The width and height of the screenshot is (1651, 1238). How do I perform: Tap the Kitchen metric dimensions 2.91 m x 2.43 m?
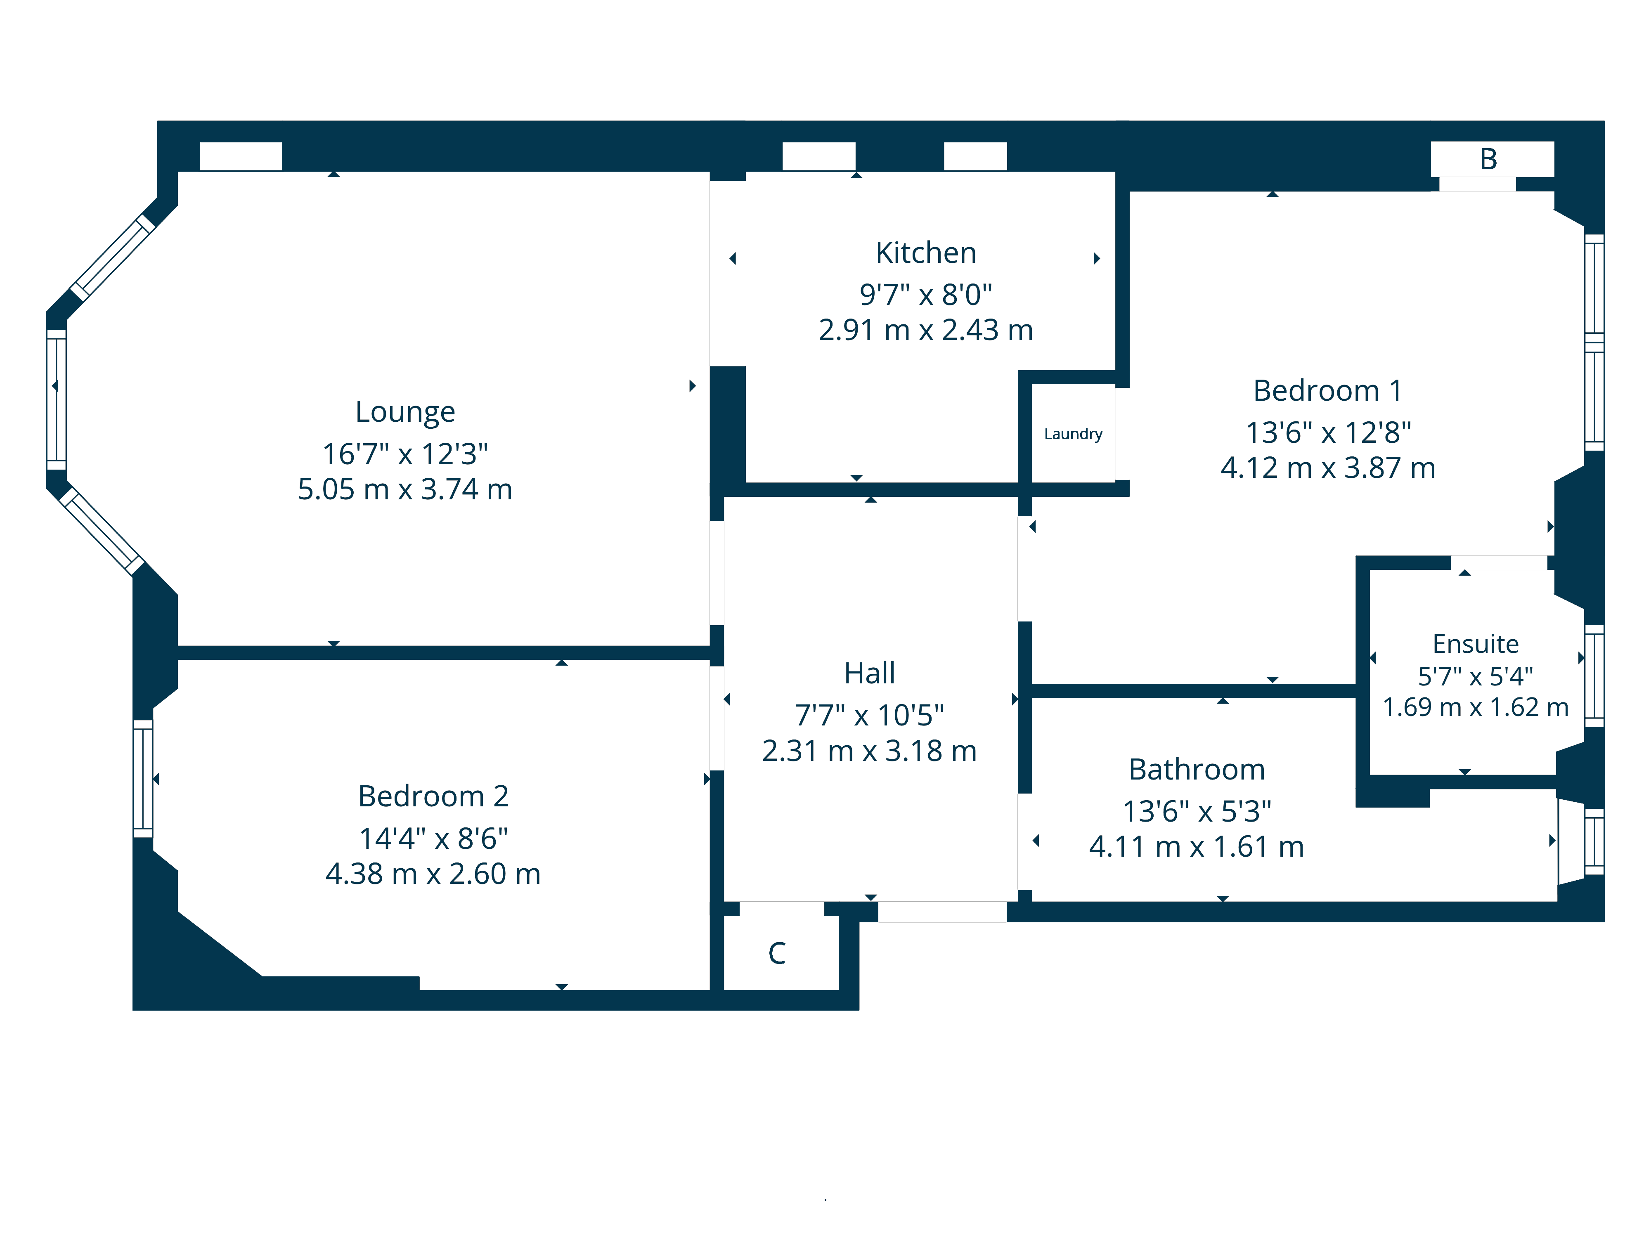[x=925, y=330]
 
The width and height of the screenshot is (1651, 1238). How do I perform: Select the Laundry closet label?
[x=1073, y=434]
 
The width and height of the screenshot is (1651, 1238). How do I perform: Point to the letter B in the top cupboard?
[x=1488, y=159]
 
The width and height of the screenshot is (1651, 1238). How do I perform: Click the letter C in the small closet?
[x=776, y=953]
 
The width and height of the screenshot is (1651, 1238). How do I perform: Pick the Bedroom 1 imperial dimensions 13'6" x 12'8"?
[x=1328, y=432]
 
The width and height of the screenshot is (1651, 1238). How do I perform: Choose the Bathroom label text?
[x=1197, y=769]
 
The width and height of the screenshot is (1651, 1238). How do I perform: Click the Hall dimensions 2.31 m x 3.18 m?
[x=869, y=751]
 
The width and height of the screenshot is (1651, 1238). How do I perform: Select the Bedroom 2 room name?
[x=433, y=796]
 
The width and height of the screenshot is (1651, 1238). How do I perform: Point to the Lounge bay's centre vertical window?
[x=57, y=399]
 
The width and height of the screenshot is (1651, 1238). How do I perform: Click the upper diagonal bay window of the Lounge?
[x=112, y=258]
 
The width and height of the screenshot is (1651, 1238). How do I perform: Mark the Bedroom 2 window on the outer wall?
[x=142, y=778]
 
